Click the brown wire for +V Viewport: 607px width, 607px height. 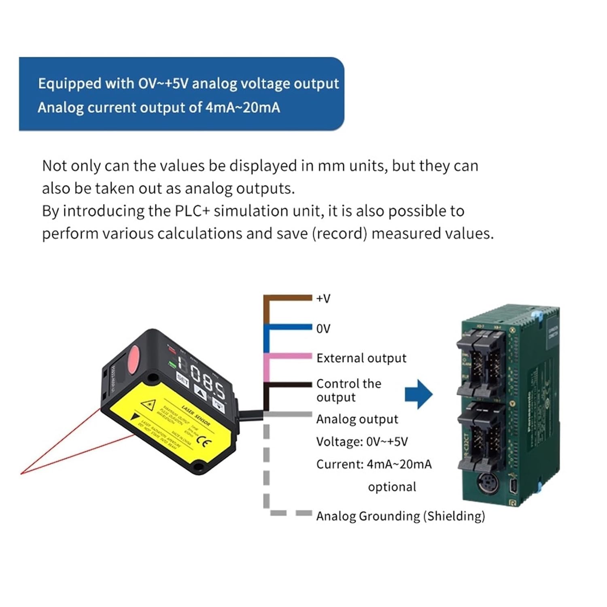tap(287, 298)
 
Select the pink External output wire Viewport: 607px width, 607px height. tap(287, 357)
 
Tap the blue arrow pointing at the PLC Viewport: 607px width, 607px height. tap(419, 394)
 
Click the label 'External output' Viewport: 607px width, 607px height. tap(361, 358)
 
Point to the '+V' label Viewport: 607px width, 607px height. tap(323, 299)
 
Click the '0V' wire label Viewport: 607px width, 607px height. tap(323, 329)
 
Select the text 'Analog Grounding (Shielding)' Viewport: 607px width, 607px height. tap(400, 516)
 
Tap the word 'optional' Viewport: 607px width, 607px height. tap(392, 487)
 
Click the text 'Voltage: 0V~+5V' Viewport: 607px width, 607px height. tap(362, 441)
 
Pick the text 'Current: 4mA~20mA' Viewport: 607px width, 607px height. tap(374, 464)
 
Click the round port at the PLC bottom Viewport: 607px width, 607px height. tap(485, 483)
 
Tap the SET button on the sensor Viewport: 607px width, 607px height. tap(183, 380)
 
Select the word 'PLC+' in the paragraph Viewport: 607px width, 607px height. tap(192, 211)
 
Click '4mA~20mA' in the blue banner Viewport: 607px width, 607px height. tap(242, 108)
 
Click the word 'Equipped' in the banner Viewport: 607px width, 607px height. tap(69, 83)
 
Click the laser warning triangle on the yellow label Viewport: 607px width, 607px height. tap(149, 404)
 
